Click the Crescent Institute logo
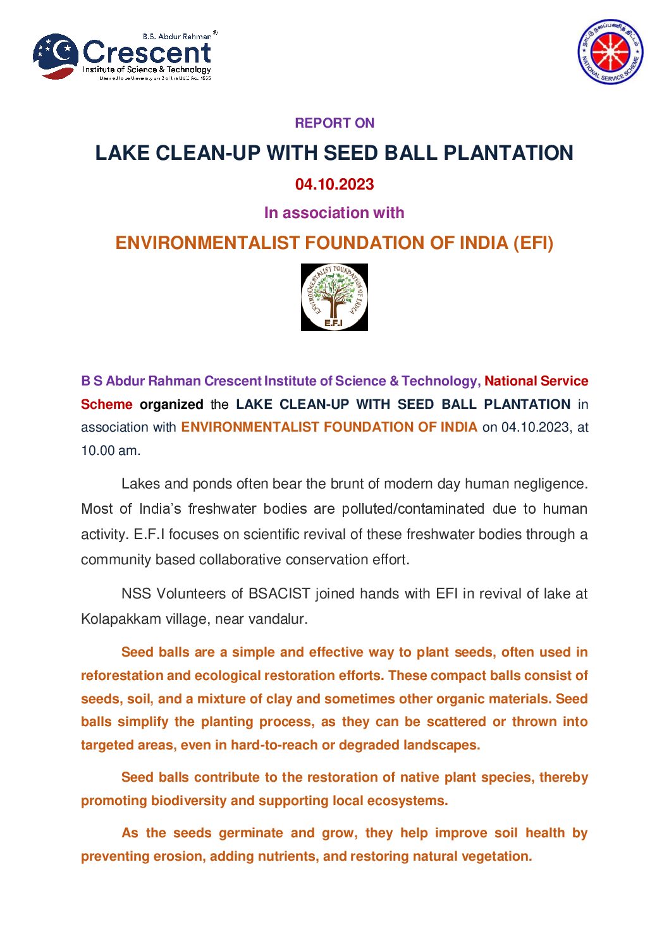[x=124, y=56]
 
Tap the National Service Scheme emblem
[x=610, y=51]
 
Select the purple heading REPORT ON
[x=334, y=123]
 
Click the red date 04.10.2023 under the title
[x=334, y=185]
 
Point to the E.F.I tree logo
[x=334, y=297]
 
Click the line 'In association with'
[x=334, y=213]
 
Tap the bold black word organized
[x=171, y=404]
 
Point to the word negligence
[x=549, y=484]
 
